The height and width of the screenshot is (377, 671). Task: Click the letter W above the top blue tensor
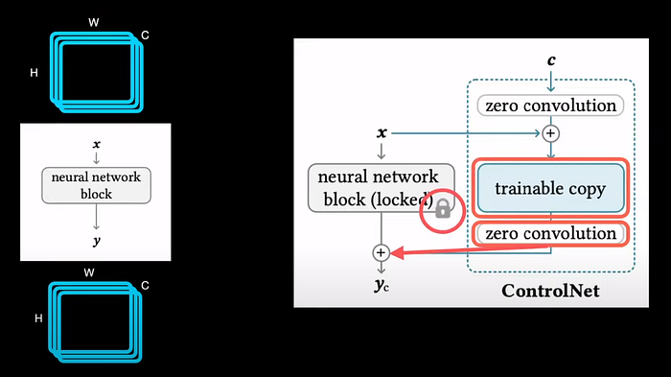93,21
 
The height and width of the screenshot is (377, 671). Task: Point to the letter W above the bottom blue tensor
89,272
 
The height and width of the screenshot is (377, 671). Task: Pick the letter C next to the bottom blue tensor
145,284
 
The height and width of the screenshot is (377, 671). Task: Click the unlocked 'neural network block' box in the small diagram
95,185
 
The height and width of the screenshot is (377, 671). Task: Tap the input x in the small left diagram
95,144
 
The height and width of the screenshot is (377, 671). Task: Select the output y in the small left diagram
95,242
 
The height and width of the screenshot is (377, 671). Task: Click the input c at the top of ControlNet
550,59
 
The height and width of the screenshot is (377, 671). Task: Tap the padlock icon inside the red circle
443,209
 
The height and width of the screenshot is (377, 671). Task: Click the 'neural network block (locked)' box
380,187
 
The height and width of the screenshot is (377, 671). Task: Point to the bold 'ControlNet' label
550,290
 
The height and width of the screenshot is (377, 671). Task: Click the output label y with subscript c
382,285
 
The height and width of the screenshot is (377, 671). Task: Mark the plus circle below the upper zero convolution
550,133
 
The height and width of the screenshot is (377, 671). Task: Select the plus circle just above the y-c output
381,253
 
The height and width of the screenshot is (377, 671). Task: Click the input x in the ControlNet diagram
382,132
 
